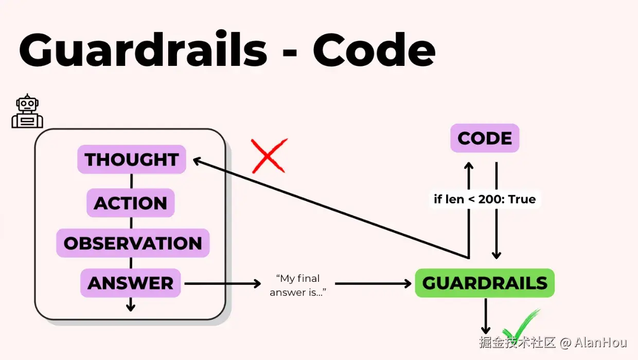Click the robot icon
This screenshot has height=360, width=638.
(27, 112)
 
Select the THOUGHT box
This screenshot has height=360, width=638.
(132, 159)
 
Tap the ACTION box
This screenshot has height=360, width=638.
(131, 203)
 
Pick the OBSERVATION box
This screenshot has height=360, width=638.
(133, 243)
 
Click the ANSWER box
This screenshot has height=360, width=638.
(131, 283)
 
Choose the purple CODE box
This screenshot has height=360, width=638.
(485, 138)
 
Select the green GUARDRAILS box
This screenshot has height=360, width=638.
(485, 283)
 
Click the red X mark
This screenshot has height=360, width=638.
(269, 155)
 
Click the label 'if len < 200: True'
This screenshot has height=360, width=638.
(485, 199)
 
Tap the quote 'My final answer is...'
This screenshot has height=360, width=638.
(298, 285)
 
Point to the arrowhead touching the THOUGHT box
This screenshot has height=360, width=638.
(197, 161)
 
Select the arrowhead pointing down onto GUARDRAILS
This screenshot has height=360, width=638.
(497, 255)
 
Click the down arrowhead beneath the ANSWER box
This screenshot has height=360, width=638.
(131, 307)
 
